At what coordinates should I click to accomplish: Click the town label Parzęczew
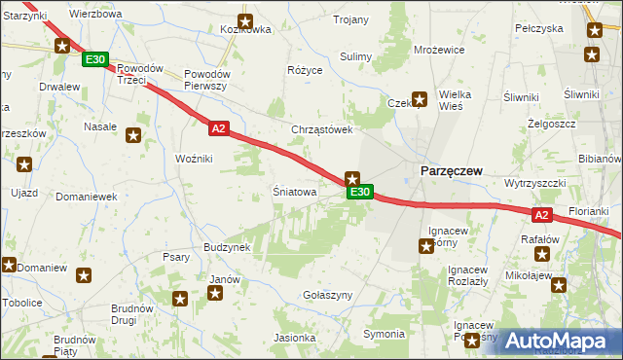pyautogui.click(x=451, y=170)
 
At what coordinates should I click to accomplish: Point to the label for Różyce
pyautogui.click(x=304, y=71)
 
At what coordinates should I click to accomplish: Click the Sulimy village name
pyautogui.click(x=356, y=56)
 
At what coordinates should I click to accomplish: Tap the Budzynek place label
pyautogui.click(x=228, y=247)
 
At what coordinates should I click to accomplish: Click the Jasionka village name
pyautogui.click(x=295, y=338)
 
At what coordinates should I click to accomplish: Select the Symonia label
pyautogui.click(x=384, y=334)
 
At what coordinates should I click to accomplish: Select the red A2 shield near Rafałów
pyautogui.click(x=543, y=215)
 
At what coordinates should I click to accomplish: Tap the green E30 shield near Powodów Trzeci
pyautogui.click(x=94, y=60)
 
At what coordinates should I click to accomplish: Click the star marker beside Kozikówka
pyautogui.click(x=245, y=20)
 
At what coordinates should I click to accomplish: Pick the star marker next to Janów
pyautogui.click(x=215, y=293)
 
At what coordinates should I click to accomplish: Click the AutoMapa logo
pyautogui.click(x=558, y=341)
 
